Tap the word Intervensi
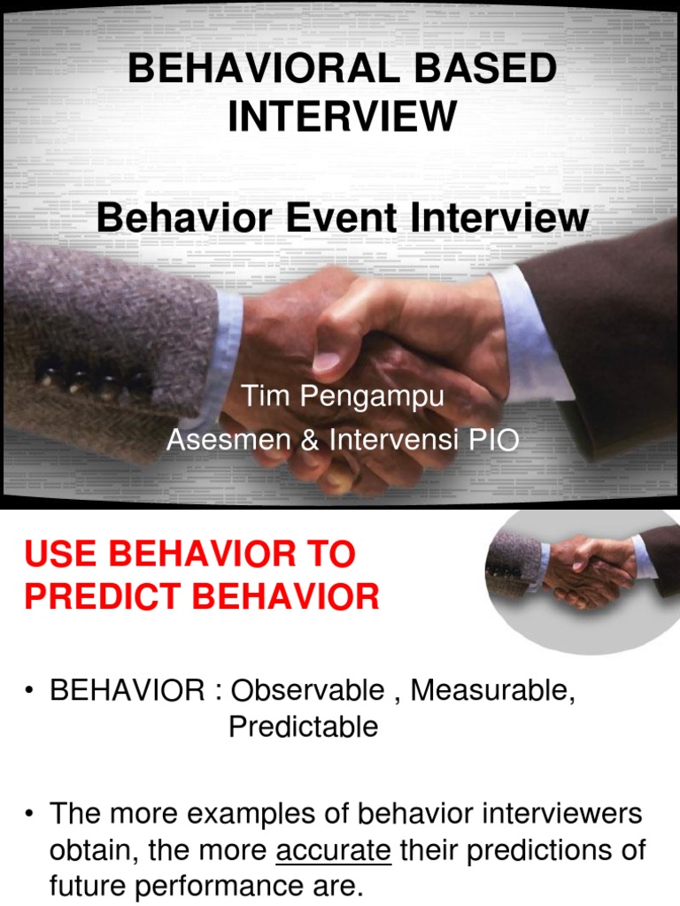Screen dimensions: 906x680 click(x=392, y=440)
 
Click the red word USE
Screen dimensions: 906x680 click(x=62, y=555)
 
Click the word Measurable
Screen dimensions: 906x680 click(x=493, y=690)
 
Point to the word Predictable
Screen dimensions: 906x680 click(x=303, y=726)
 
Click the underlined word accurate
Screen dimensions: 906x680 click(x=334, y=851)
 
